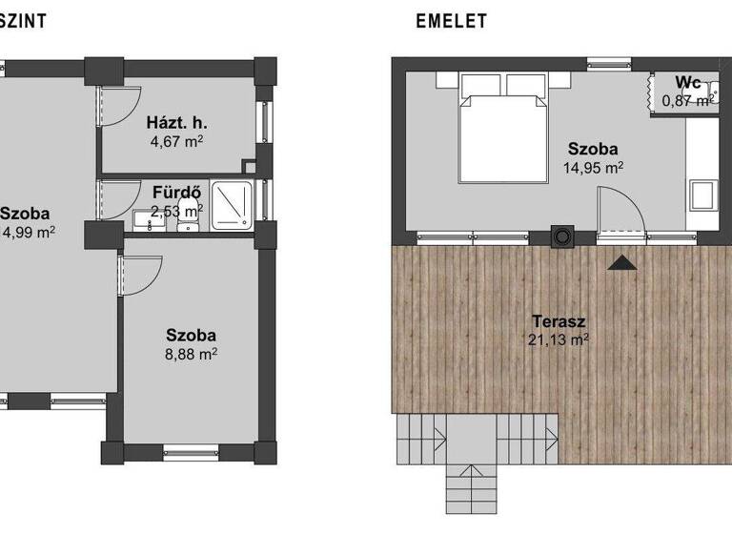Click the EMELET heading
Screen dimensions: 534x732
click(x=451, y=19)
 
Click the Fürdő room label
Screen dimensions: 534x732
click(x=176, y=193)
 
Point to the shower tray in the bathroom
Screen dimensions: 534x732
click(x=232, y=204)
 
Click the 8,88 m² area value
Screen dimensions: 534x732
click(x=192, y=354)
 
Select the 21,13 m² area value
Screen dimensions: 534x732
click(x=558, y=339)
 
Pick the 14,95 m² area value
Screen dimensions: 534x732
click(x=593, y=168)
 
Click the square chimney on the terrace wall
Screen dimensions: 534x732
click(x=563, y=235)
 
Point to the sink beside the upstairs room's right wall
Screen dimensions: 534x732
click(x=704, y=196)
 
